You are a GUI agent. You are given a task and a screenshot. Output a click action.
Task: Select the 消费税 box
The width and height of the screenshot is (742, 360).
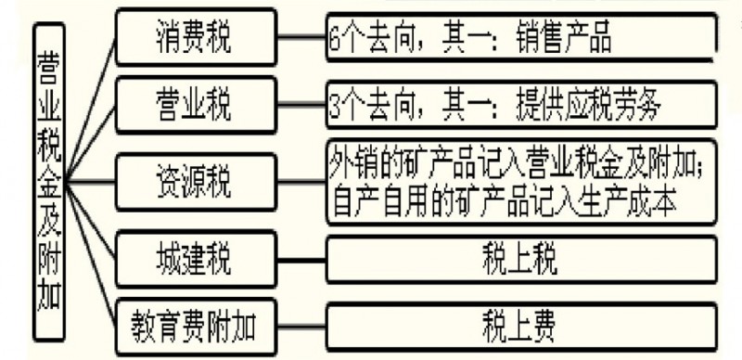pyautogui.click(x=195, y=39)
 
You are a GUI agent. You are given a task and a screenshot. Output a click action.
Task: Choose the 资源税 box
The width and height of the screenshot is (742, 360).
pyautogui.click(x=195, y=180)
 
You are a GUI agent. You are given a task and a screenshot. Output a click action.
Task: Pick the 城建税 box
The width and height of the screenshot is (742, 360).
pyautogui.click(x=195, y=257)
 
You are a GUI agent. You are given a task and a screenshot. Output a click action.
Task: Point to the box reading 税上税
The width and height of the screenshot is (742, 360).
pyautogui.click(x=519, y=260)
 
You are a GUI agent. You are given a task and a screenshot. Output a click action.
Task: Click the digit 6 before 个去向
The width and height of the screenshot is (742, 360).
pyautogui.click(x=334, y=41)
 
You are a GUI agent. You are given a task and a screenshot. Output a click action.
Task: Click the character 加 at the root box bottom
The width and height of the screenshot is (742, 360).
pyautogui.click(x=49, y=302)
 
